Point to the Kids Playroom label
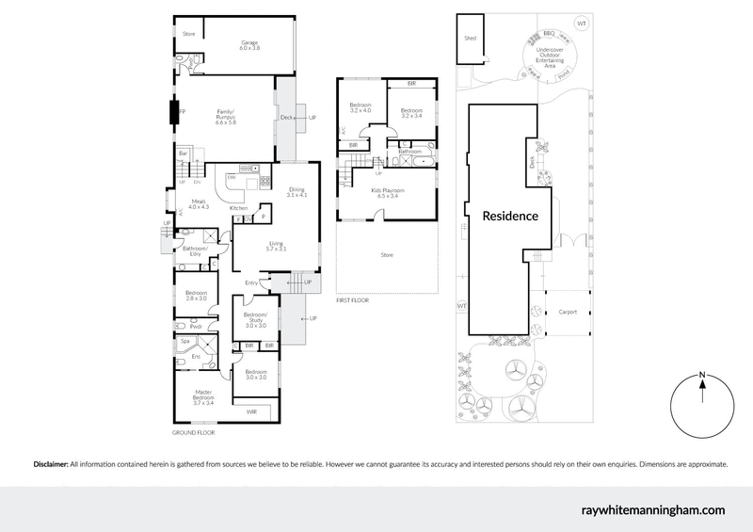tap(388, 193)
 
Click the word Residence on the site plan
tap(510, 216)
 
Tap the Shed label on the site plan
tap(470, 39)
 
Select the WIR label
tap(251, 412)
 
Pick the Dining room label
tap(296, 192)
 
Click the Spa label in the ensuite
tap(184, 342)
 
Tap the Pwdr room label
tap(196, 326)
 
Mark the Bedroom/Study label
tap(256, 318)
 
